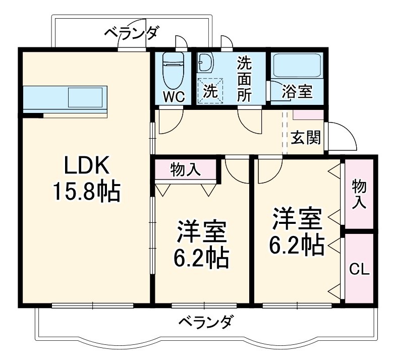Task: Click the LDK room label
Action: pyautogui.click(x=85, y=165)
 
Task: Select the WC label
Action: pyautogui.click(x=173, y=96)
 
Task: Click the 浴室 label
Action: pyautogui.click(x=297, y=91)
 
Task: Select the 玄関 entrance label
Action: pyautogui.click(x=305, y=137)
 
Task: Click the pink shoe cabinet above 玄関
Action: pyautogui.click(x=308, y=114)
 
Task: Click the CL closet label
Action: pyautogui.click(x=359, y=269)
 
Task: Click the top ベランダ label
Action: pyautogui.click(x=131, y=33)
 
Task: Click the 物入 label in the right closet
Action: pyautogui.click(x=359, y=194)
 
